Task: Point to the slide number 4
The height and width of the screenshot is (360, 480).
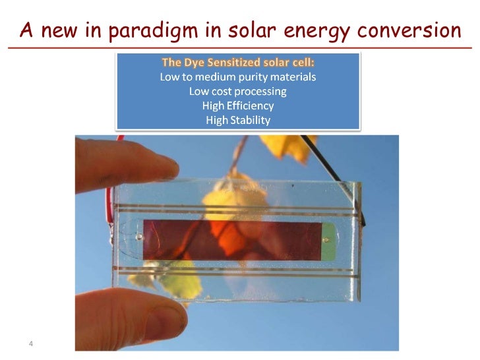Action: point(31,344)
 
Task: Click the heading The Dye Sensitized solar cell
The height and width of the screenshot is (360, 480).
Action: point(238,63)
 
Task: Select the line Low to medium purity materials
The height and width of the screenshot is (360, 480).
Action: point(238,77)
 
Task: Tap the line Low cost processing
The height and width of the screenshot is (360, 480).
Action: point(238,92)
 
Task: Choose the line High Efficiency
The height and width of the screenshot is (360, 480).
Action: point(238,105)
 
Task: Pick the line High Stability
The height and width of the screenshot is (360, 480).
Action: point(238,120)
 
